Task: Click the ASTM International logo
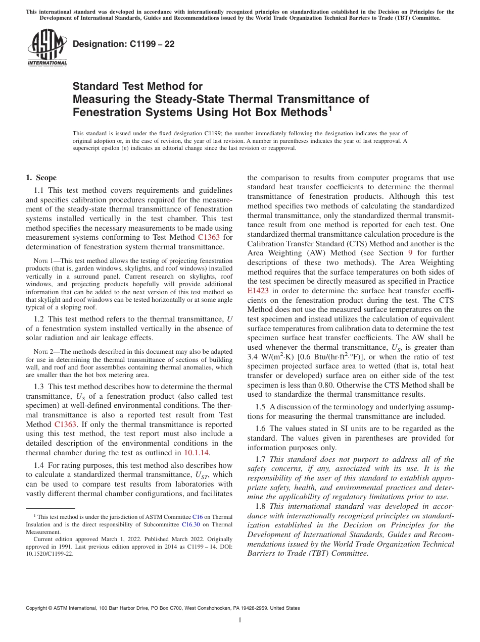coord(46,47)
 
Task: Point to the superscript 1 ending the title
coord(330,107)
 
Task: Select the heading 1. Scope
coord(41,178)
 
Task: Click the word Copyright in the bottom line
coord(37,608)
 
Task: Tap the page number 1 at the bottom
coord(240,620)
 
